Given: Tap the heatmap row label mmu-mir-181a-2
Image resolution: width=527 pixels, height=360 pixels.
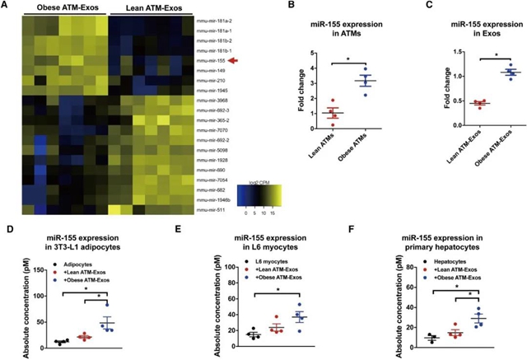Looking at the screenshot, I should (x=214, y=17).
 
